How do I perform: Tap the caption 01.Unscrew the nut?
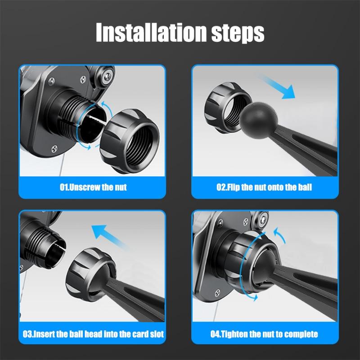93,187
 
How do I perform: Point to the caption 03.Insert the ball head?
93,334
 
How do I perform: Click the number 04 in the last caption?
215,334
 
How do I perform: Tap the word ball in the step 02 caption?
304,187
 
